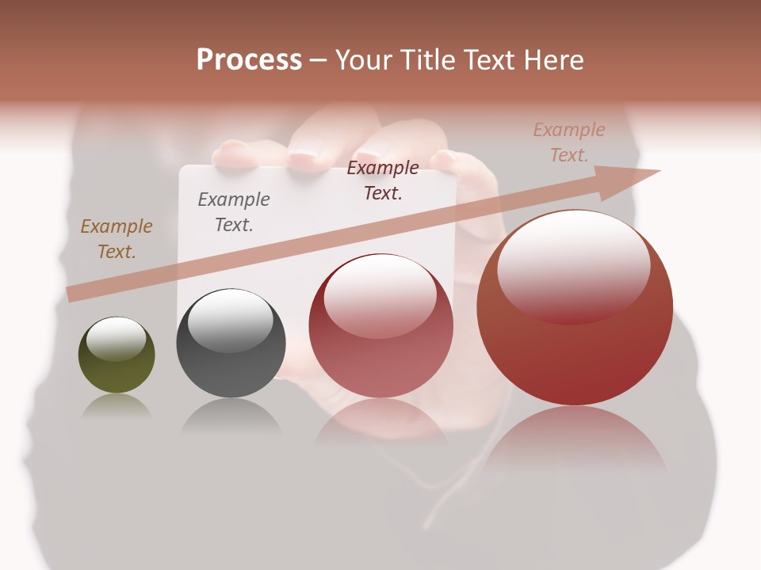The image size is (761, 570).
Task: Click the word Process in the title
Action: [x=249, y=60]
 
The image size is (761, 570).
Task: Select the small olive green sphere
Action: [x=117, y=355]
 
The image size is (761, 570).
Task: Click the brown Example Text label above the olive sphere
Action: [x=117, y=239]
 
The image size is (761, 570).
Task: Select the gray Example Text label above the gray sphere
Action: [x=234, y=212]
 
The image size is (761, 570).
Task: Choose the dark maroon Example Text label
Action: [x=383, y=180]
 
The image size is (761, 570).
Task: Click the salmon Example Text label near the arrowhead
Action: [x=568, y=142]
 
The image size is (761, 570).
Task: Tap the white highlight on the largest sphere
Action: [x=573, y=265]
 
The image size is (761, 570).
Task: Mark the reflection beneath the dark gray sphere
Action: [x=231, y=415]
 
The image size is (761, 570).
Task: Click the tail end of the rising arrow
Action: [x=73, y=294]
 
